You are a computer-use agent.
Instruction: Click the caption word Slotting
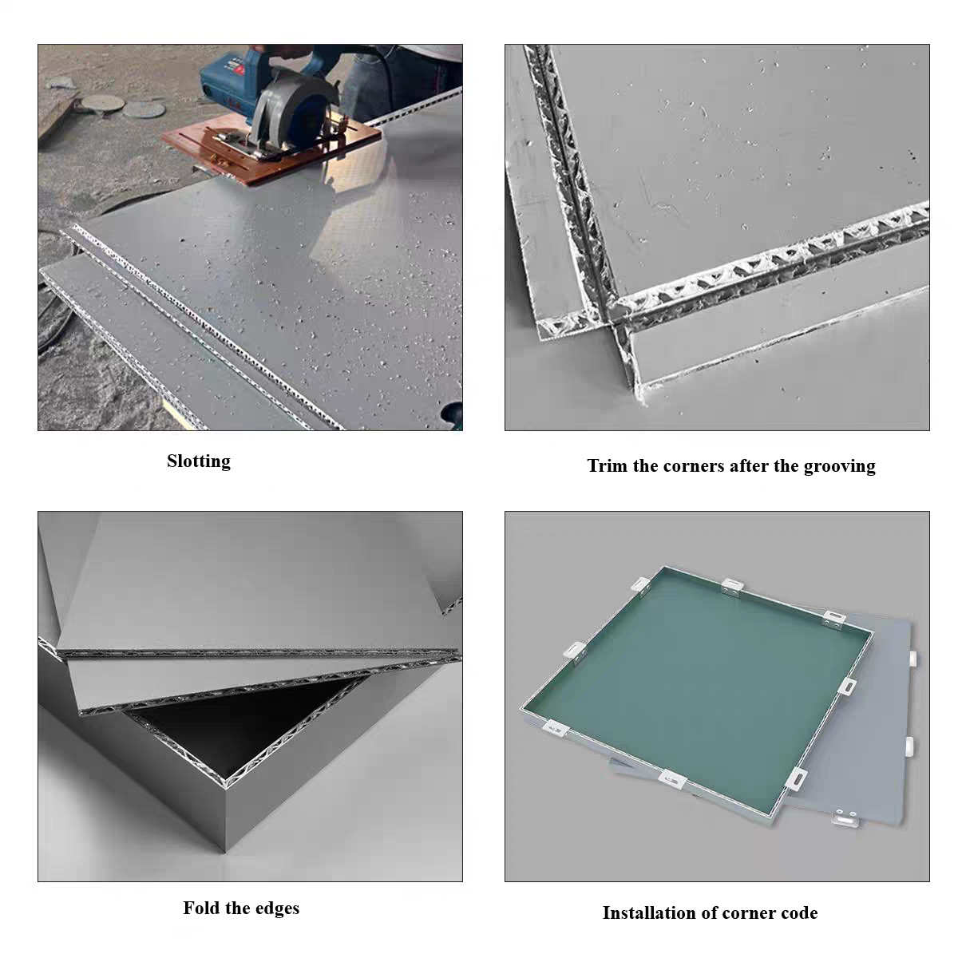(198, 461)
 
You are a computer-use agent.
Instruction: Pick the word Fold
(202, 909)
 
